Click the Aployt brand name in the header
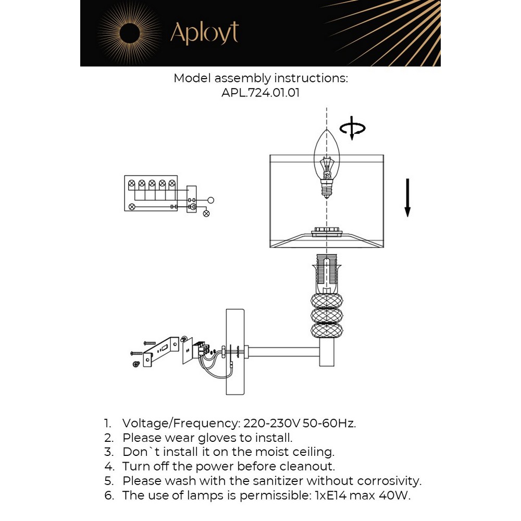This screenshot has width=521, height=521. [204, 33]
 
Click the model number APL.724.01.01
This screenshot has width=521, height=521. [260, 93]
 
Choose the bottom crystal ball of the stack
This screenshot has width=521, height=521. [326, 331]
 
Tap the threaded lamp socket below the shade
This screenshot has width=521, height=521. [326, 273]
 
